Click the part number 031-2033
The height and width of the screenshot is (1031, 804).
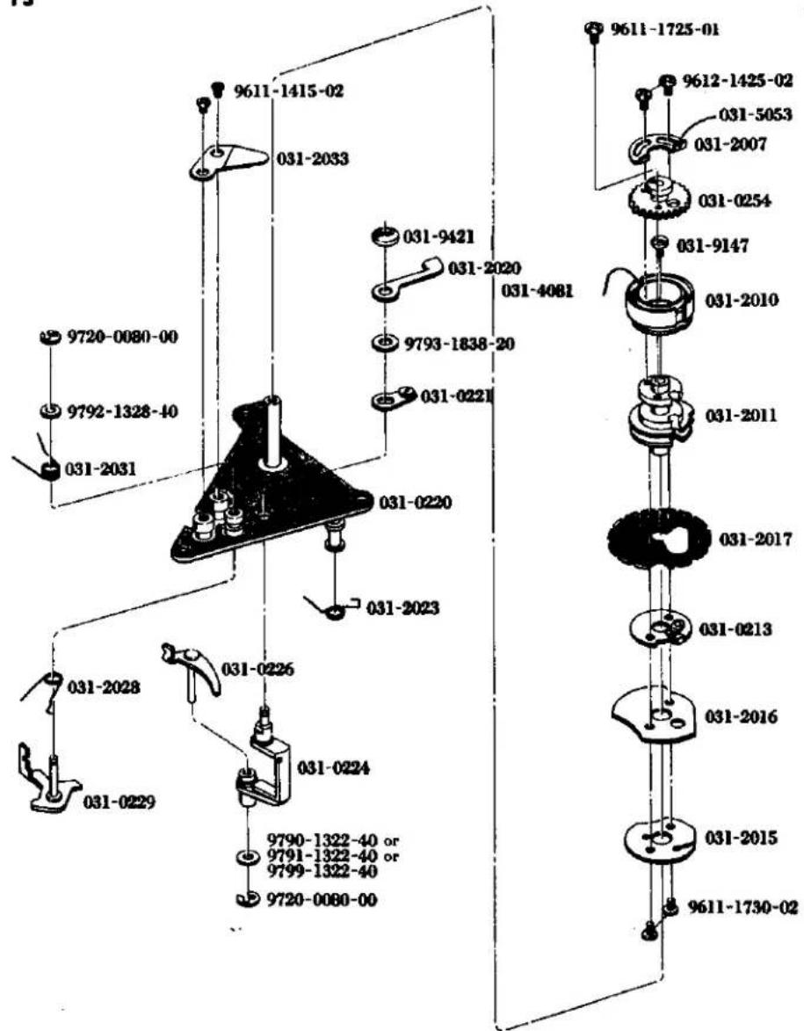coord(312,159)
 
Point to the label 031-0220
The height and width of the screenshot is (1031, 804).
coord(416,503)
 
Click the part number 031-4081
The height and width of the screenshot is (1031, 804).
coord(537,290)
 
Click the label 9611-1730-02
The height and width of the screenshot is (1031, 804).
coord(742,908)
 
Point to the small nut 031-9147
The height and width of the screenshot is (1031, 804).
coord(660,244)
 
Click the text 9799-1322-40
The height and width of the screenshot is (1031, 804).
coord(322,872)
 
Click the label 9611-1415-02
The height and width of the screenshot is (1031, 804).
coord(287,91)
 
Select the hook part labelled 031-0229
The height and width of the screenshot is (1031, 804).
coord(47,781)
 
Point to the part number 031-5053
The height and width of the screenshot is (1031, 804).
coord(756,114)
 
